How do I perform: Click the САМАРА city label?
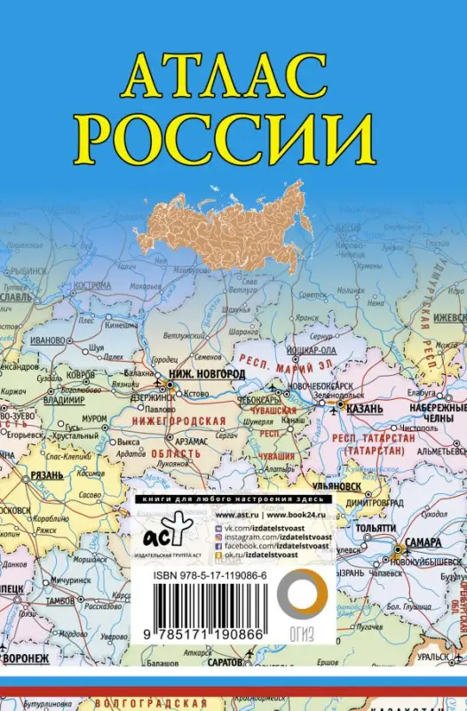(x=419, y=542)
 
